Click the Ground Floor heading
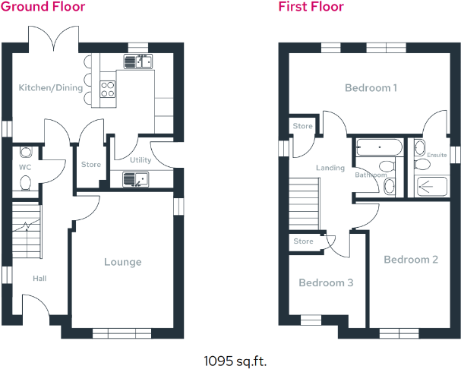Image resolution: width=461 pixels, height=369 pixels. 43,7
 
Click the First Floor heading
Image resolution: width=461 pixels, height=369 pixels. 311,7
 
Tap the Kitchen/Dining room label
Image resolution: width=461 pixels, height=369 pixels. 51,88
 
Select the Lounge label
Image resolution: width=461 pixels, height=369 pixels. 123,262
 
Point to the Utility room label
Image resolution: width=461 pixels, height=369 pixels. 141,160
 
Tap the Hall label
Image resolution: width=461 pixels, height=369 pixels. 39,279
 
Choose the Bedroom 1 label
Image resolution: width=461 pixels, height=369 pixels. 371,88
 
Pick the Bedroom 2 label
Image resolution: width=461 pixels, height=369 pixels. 411,260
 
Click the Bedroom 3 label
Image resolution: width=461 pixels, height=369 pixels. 326,283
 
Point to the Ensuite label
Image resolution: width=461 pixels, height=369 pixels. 437,155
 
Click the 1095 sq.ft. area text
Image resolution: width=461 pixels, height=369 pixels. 235,360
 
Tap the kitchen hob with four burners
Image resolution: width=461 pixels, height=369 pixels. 106,90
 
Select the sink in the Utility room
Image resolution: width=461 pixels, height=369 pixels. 135,180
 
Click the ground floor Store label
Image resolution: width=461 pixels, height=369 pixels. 91,165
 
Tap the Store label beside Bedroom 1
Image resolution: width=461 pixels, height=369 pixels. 303,126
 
